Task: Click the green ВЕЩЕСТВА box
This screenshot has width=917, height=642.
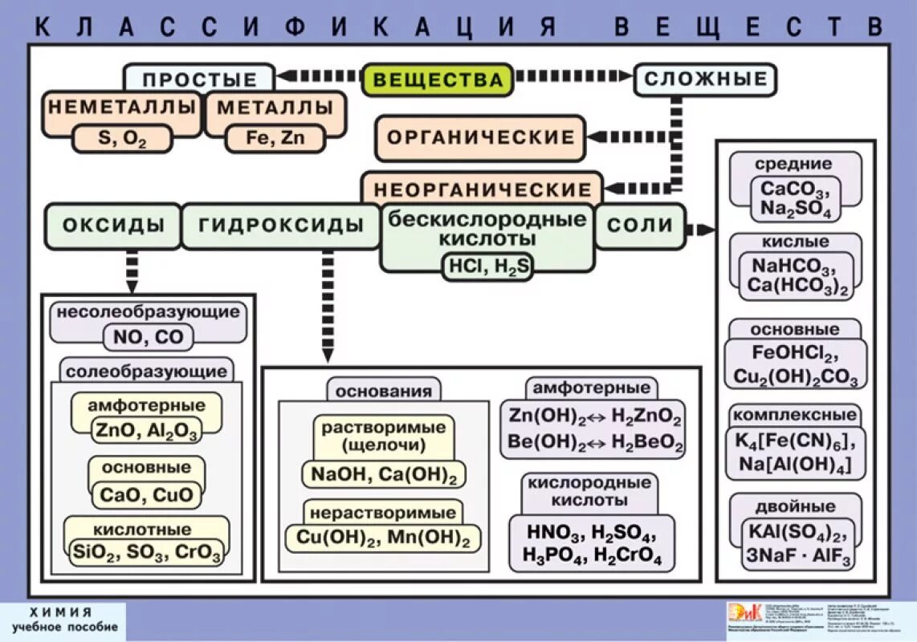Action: (437, 80)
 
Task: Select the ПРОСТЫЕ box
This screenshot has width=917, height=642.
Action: (199, 79)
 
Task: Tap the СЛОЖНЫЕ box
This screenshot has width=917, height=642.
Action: (706, 79)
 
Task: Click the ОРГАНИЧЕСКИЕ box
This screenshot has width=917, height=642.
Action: (480, 137)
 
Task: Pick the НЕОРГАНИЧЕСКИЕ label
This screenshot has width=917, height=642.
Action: (482, 190)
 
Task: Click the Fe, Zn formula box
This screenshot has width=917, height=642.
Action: (275, 138)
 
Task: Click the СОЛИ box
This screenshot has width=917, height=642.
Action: (639, 226)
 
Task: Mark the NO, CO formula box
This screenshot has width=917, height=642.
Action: (148, 338)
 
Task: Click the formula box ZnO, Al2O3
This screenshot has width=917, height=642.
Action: (147, 430)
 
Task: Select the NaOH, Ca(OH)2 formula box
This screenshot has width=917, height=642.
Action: (383, 475)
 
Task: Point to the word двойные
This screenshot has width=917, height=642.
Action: (795, 507)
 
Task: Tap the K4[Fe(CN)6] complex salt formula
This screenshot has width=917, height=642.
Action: (795, 441)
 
